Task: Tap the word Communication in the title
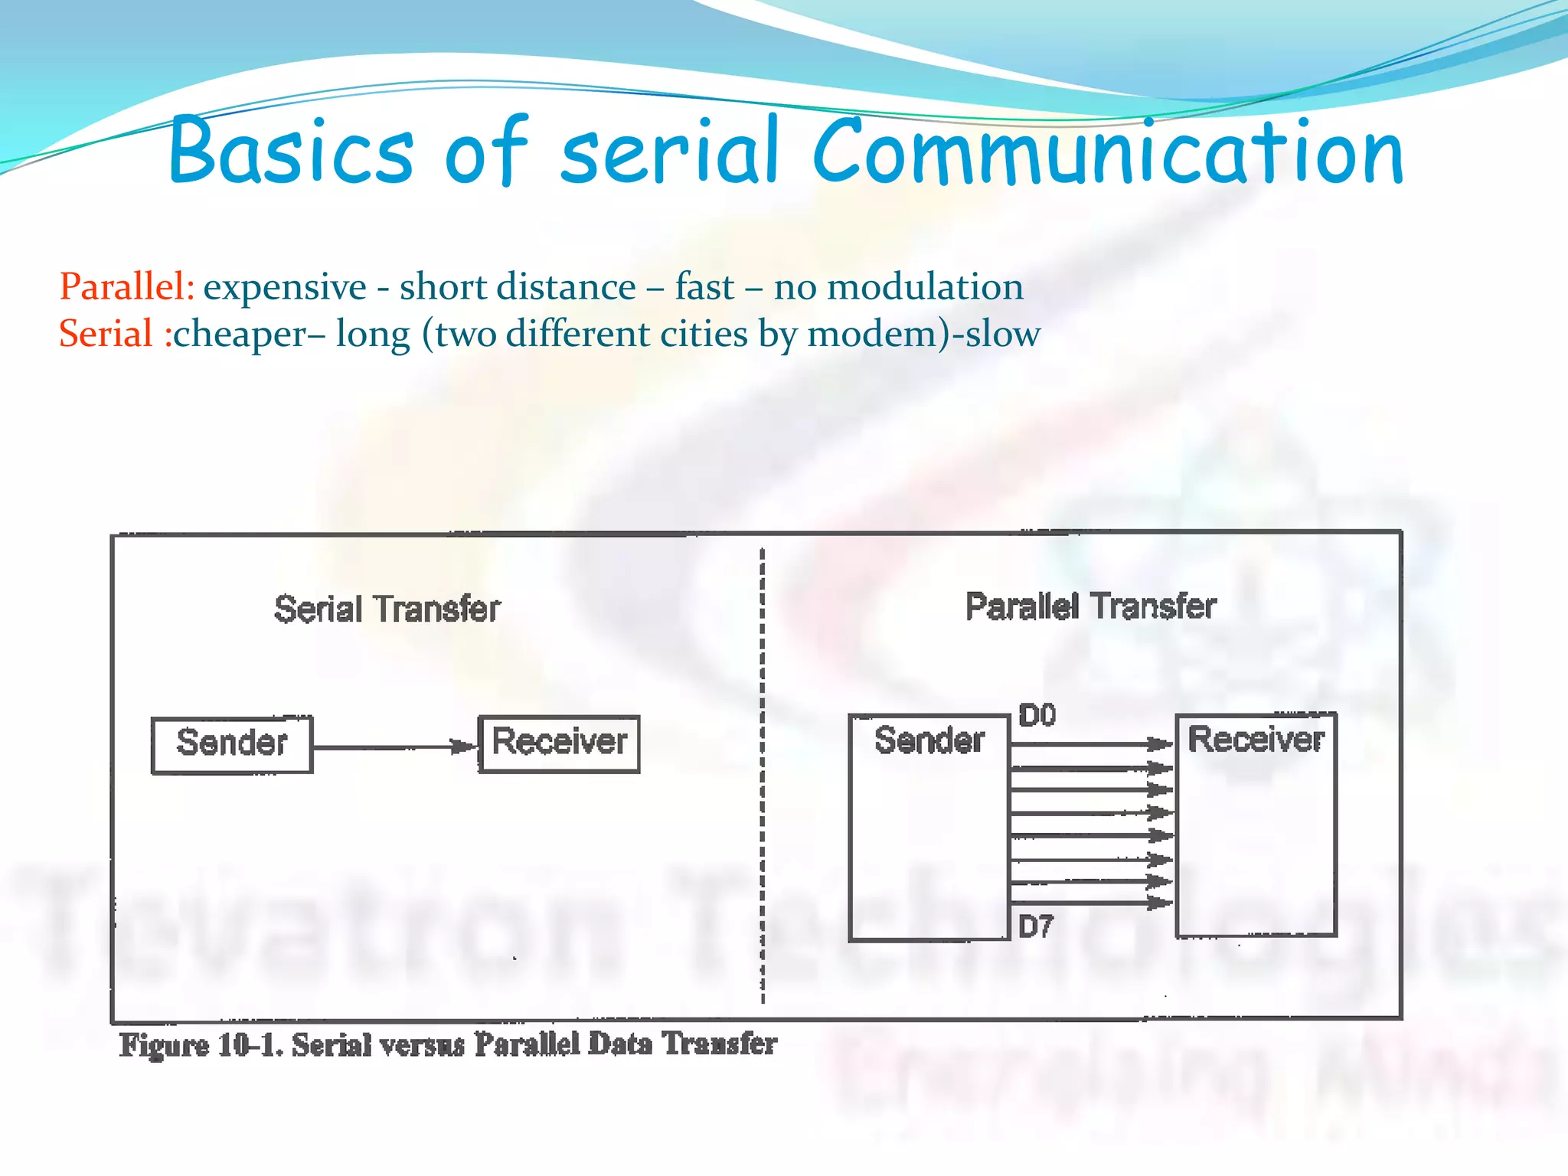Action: coord(1107,152)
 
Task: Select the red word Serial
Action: coord(106,334)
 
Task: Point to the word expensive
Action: coord(285,287)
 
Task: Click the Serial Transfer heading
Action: coord(387,609)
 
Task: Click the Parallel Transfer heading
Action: coord(1090,606)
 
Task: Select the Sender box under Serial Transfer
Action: coord(232,744)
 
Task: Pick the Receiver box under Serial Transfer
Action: coord(559,743)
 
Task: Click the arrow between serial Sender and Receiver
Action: coord(394,746)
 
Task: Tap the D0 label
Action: coord(1037,715)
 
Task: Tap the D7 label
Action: coord(1036,927)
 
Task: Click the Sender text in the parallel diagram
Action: coord(929,740)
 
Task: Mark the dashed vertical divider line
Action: coord(763,773)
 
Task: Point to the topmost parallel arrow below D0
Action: coord(1091,743)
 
